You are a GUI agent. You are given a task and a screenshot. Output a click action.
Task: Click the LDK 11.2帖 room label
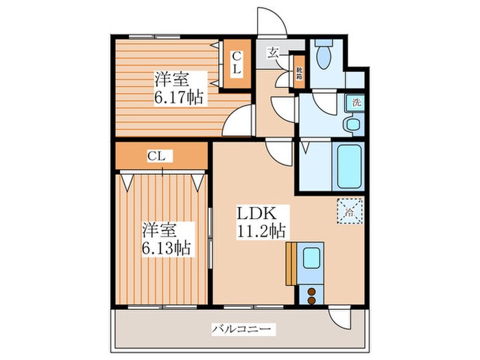click(261, 221)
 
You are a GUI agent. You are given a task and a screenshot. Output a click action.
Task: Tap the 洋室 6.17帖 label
click(178, 88)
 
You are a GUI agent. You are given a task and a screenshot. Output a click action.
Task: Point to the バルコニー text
click(244, 329)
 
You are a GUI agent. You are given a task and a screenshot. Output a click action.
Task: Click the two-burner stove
click(312, 295)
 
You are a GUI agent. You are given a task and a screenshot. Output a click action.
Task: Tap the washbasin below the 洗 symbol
click(352, 124)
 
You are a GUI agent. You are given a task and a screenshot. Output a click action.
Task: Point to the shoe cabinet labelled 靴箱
click(299, 72)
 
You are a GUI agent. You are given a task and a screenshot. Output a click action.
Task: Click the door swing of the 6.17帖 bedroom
click(237, 123)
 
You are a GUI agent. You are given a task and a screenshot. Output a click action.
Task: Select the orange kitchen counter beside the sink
click(291, 261)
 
